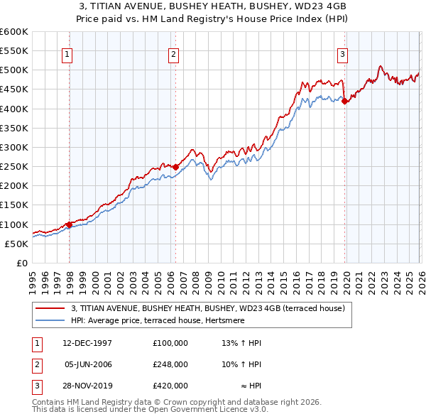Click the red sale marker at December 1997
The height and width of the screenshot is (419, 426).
tap(69, 224)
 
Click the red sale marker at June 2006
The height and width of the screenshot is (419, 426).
tap(175, 167)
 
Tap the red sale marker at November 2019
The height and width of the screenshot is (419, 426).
tap(344, 102)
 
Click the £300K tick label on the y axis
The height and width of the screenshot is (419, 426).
tap(14, 147)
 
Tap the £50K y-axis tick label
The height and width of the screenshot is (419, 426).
tap(17, 244)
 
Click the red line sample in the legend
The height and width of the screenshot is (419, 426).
tap(50, 309)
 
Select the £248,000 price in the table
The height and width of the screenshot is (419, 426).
tap(170, 364)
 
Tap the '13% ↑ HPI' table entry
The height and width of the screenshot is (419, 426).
tap(241, 343)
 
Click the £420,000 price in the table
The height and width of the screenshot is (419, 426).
tap(170, 386)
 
